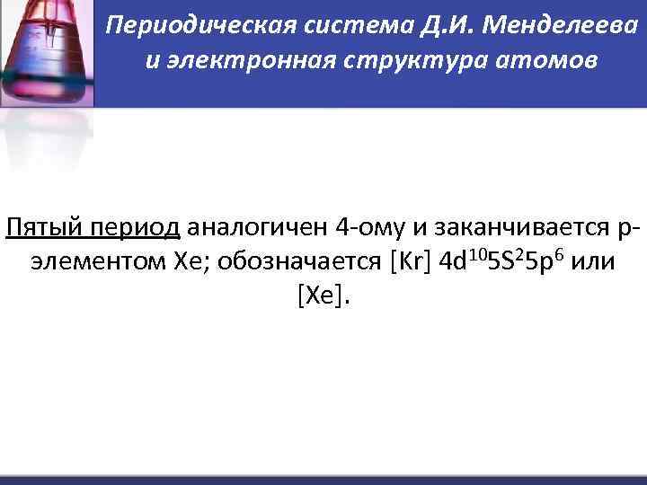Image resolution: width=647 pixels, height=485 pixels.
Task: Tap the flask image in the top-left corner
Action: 45,54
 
